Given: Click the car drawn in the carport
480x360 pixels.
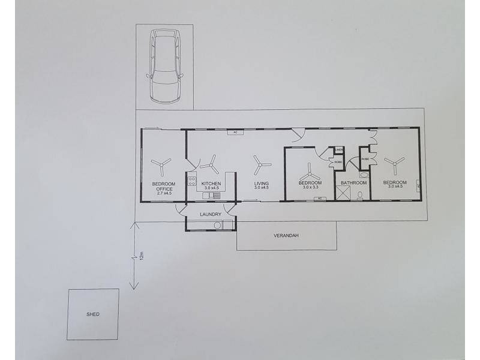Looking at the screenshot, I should point(164,67).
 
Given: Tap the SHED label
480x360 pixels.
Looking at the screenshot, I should point(92,314).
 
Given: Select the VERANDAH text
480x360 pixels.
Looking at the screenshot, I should point(287,236).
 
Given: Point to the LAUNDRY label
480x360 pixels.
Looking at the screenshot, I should point(210,214).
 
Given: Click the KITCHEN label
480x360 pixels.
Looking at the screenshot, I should point(211,183).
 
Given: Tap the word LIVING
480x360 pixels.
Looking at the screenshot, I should point(261,183).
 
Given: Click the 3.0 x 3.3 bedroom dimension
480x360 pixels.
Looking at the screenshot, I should point(310,188).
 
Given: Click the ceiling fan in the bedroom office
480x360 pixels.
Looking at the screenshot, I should point(161,165).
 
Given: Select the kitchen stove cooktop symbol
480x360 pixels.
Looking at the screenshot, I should point(192,179).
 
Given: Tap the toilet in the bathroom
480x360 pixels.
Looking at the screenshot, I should point(360,195).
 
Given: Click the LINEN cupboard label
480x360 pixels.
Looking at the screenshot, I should point(338,149).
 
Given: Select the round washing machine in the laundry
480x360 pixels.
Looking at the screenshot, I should point(217,226).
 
